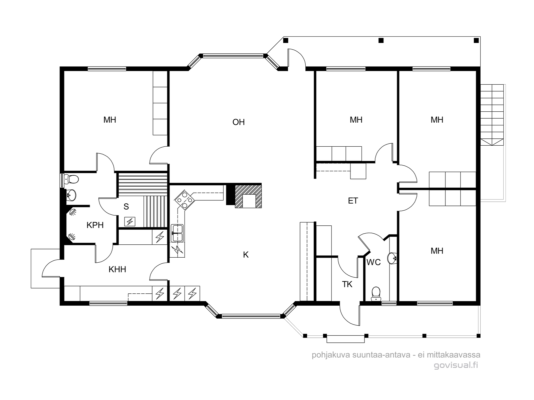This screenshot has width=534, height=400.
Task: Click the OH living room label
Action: coord(238,122)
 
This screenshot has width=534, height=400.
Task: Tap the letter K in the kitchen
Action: coord(246,255)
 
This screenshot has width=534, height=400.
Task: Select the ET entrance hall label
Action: coord(353,201)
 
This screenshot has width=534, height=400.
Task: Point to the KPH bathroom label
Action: coord(95,225)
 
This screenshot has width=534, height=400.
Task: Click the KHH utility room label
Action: coord(117,269)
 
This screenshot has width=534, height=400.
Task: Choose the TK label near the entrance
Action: coord(347,284)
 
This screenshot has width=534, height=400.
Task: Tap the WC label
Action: coord(373,262)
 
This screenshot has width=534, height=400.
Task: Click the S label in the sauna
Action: coord(126,207)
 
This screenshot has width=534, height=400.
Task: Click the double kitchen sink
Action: coord(177,233)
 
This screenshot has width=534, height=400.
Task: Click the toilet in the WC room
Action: coord(376,294)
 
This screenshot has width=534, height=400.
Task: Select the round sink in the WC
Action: coord(392,258)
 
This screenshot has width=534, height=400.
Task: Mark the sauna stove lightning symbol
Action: coord(130,221)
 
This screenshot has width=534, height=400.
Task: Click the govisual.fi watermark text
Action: coord(456,365)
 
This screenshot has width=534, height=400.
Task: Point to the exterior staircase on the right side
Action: coord(492,115)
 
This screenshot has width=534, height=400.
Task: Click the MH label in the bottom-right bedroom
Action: coord(437,251)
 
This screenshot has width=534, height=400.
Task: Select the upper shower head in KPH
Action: coord(73,212)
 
